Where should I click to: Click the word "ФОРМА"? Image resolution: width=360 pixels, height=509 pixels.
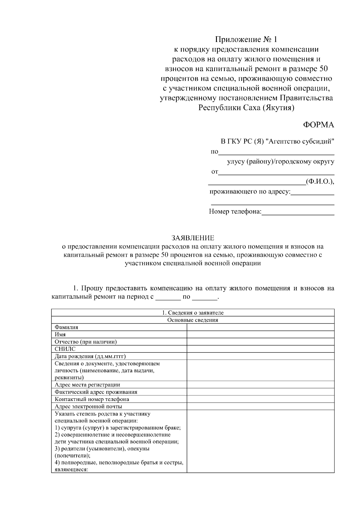318,125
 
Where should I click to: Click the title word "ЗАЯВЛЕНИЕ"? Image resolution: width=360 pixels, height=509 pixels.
193,238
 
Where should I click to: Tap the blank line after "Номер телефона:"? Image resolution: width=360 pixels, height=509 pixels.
298,212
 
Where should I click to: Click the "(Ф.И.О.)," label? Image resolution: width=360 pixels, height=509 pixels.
319,182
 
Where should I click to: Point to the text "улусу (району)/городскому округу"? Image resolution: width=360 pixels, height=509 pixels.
280,162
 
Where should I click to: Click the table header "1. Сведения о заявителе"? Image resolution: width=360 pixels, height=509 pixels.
193,313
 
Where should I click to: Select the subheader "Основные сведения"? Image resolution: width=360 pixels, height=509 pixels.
193,320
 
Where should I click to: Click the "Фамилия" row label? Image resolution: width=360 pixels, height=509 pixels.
66,327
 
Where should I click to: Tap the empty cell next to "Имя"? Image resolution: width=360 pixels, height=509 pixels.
260,334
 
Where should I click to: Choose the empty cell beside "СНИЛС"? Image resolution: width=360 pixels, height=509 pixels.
260,349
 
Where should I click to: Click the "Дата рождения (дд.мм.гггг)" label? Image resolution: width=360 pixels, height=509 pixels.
90,356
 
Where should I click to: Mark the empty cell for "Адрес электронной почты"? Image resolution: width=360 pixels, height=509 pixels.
260,407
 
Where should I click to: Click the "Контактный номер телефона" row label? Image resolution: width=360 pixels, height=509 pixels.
92,400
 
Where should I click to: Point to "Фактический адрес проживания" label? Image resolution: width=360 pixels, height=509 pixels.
96,392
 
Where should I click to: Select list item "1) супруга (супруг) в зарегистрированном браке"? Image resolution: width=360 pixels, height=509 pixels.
118,428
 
